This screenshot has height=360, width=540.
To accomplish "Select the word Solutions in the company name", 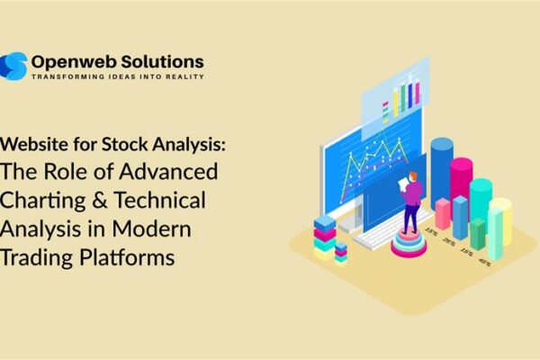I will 165,61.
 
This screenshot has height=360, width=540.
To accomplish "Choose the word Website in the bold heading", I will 37,144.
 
